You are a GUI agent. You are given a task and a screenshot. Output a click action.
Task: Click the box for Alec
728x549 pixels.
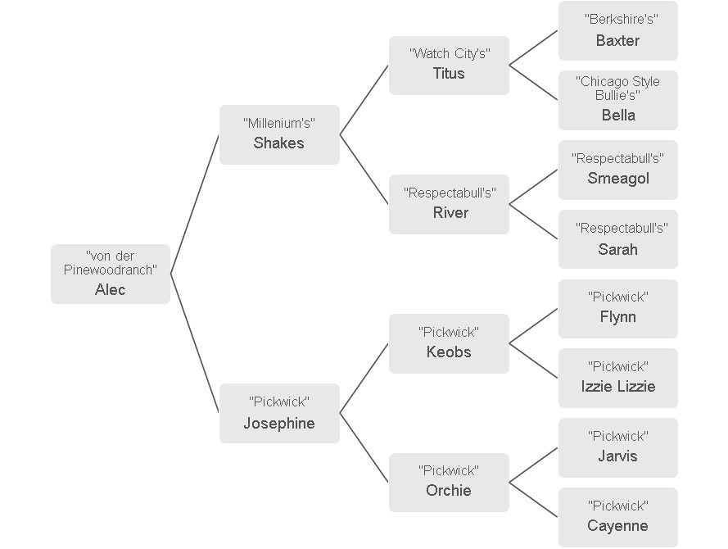coord(111,274)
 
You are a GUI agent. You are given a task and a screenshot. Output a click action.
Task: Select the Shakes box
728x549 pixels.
coord(279,134)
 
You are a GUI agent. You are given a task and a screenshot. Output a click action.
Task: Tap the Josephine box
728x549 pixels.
coord(279,413)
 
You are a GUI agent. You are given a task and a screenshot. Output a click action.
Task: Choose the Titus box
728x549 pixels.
coord(449,66)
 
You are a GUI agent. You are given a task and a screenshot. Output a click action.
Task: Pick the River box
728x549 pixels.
coord(449,204)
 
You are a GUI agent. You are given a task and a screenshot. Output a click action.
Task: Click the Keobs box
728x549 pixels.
coord(449,343)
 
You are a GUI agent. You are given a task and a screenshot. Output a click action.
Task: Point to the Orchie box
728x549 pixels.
coord(449,483)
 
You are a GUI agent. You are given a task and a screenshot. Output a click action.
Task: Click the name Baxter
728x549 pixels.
coord(617,41)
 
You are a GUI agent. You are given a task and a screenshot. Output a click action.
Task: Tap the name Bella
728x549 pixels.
coord(618,116)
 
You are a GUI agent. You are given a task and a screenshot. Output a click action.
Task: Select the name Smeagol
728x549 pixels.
coord(618,179)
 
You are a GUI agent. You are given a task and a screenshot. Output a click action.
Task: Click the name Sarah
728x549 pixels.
coord(617,249)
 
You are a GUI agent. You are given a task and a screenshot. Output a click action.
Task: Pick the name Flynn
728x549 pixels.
coord(618,317)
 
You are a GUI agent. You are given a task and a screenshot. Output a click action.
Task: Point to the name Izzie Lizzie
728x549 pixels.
coord(618,387)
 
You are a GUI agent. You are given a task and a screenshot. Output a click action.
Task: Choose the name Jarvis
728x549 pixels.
coord(617,456)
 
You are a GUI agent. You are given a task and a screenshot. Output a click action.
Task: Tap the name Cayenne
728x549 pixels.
coord(617,526)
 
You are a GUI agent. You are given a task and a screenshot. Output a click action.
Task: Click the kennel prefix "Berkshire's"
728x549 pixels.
coord(622,19)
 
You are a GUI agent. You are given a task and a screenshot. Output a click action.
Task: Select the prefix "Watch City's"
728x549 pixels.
coord(450,53)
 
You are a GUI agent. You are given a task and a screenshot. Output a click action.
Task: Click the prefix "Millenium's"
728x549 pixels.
coord(279,123)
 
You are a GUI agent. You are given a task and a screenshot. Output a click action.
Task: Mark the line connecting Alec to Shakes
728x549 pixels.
coord(195,204)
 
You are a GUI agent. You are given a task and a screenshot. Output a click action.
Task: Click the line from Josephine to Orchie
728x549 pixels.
coord(364,447)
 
